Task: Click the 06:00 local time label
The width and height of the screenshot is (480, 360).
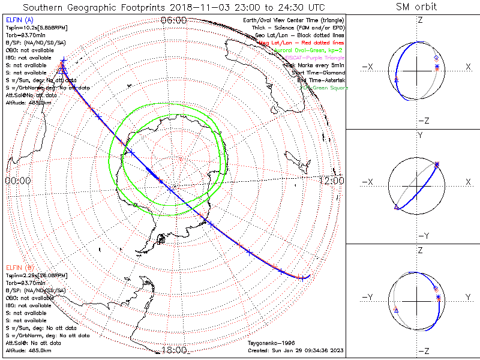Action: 174,20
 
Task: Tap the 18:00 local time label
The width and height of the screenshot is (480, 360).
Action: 174,350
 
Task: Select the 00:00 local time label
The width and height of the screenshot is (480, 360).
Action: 18,180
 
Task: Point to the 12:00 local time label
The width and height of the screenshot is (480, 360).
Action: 331,180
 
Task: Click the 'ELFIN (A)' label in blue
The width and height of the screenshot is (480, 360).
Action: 18,20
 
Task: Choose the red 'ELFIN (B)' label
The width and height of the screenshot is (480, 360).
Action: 18,267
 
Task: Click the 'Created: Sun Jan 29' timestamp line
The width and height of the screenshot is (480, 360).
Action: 295,350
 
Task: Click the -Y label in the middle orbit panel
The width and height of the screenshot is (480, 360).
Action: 420,236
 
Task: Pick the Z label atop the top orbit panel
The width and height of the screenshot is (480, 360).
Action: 420,20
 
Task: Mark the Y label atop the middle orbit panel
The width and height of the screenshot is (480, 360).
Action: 420,136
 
